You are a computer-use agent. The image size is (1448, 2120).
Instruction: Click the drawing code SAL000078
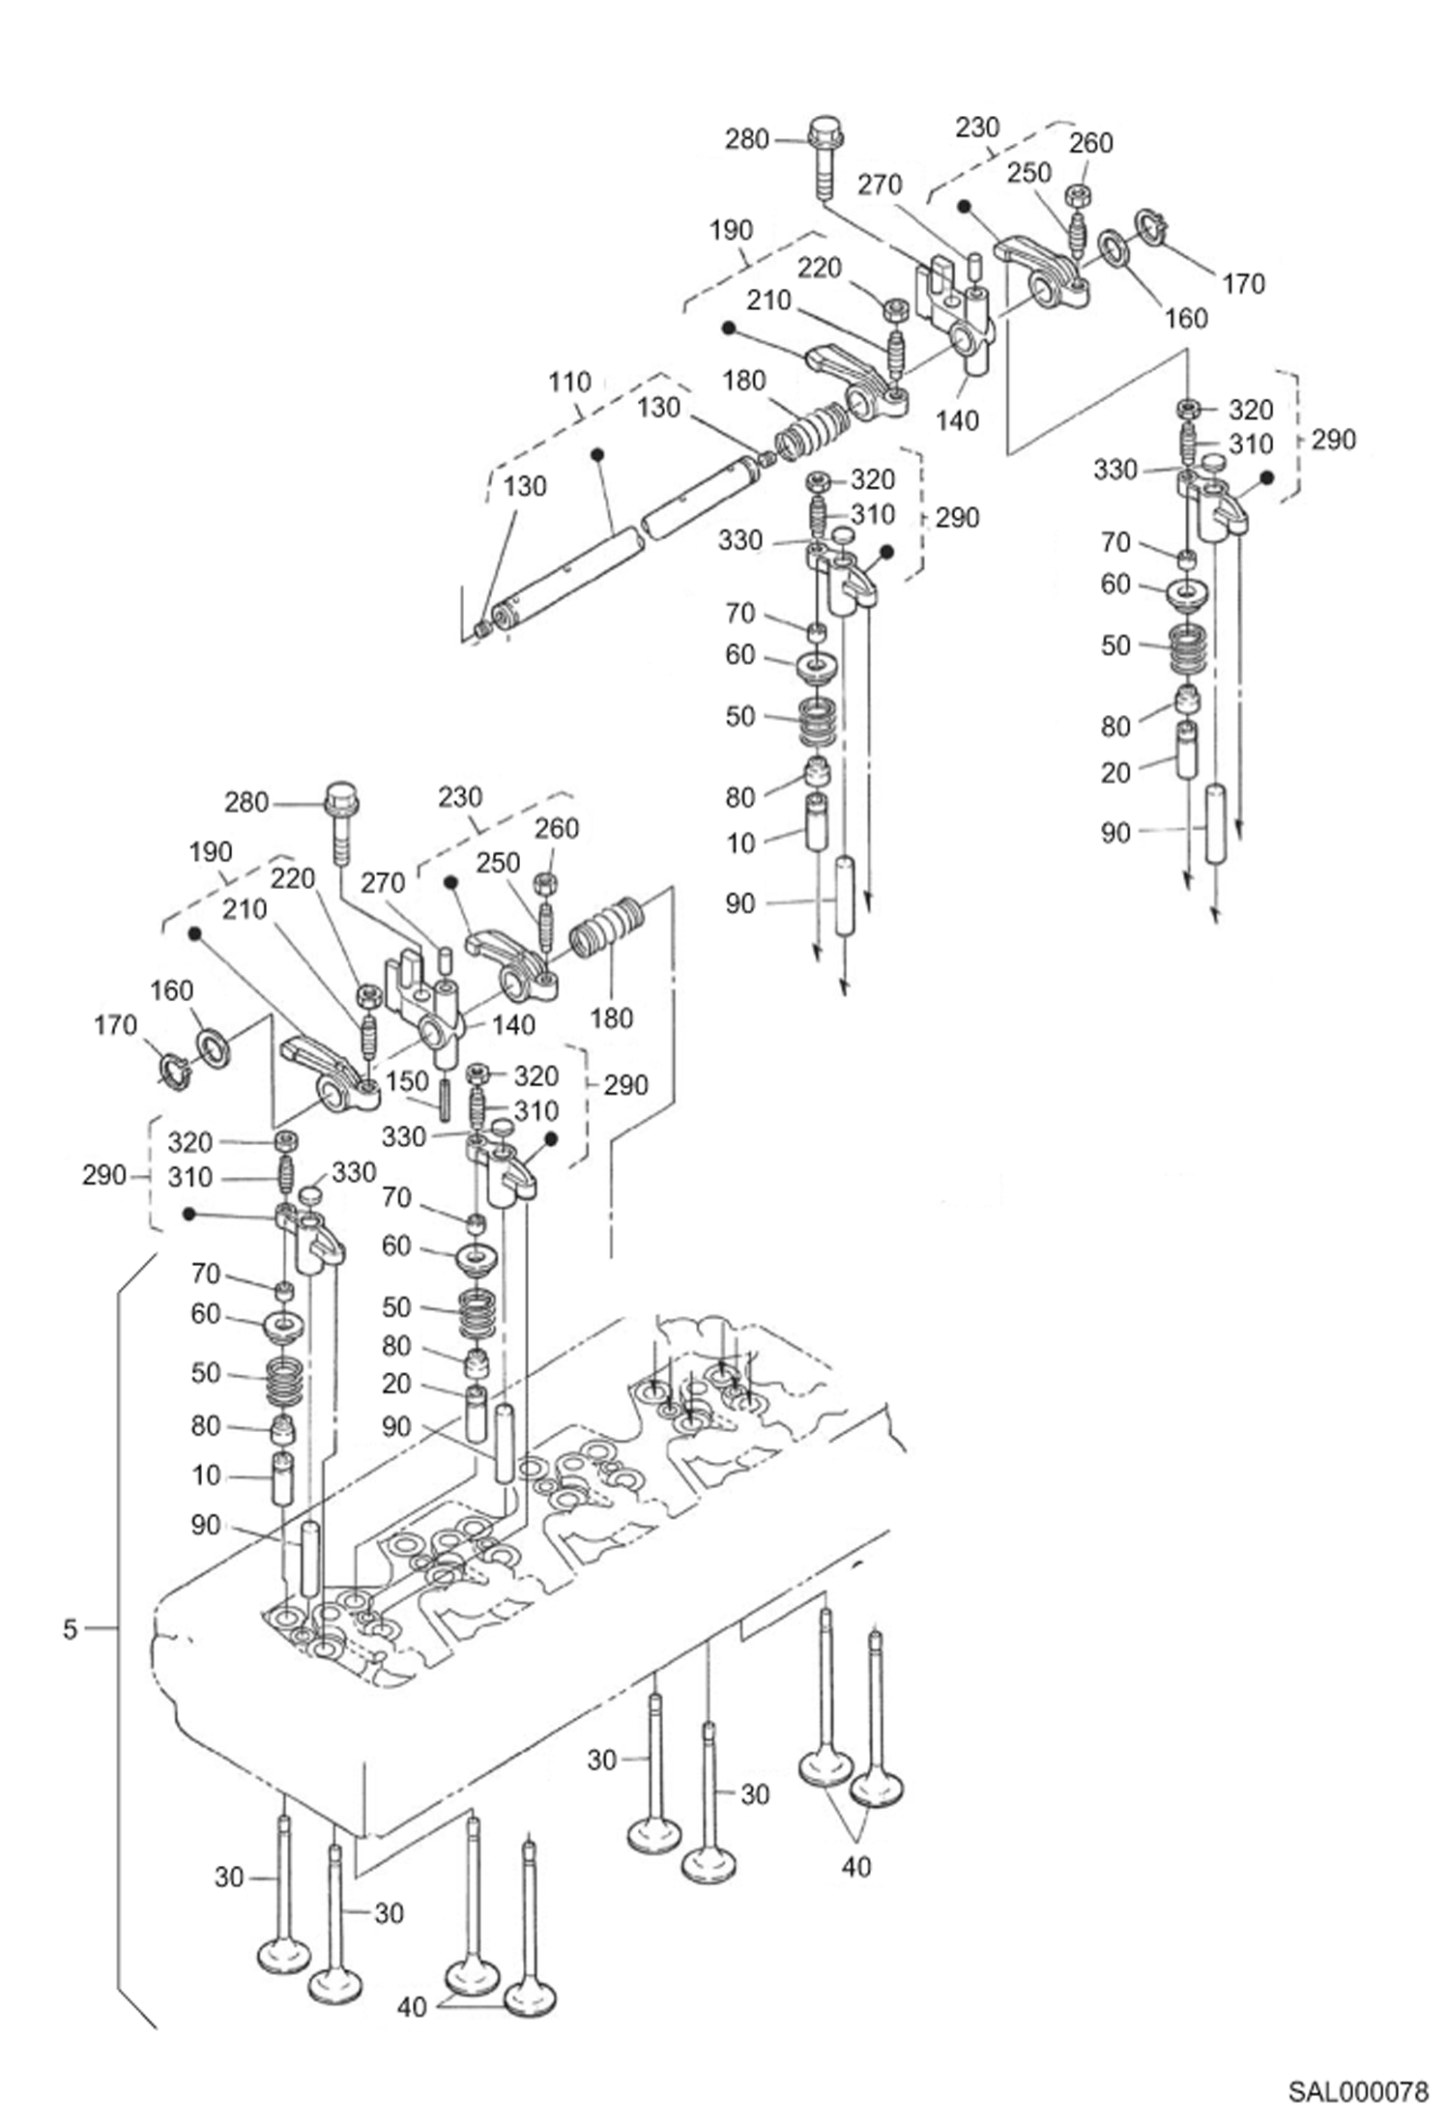coord(1357,2092)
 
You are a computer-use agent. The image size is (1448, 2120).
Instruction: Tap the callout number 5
coord(70,1629)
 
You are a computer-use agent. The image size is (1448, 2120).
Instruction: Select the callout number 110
coord(569,383)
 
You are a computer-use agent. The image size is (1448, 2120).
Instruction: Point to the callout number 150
coord(407,1081)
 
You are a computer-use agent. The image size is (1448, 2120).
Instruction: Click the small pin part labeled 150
coord(445,1100)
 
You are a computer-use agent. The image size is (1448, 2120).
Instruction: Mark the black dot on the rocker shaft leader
coord(597,453)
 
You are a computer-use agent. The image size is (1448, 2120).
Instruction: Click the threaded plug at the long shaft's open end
coord(482,629)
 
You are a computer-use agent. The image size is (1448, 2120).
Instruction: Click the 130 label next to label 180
coord(658,408)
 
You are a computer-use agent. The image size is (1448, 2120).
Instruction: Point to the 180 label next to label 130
coord(743,381)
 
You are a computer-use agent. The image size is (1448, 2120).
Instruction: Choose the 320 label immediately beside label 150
coord(536,1075)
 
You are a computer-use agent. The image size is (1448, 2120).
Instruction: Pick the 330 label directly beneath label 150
coord(404,1136)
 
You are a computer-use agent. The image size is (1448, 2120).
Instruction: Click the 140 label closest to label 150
coord(512,1024)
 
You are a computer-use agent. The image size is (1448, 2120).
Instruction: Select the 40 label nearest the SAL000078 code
coord(856,1867)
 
